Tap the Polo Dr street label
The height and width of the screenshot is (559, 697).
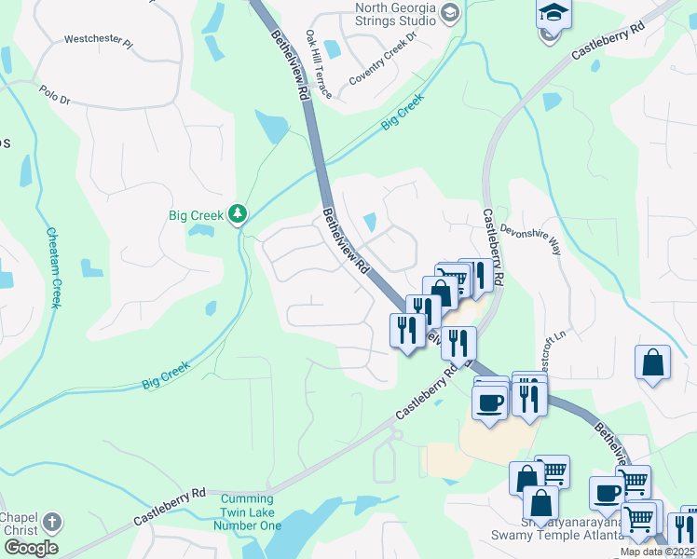55,94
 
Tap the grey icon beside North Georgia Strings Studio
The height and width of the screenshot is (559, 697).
450,12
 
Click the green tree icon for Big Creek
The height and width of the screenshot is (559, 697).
239,215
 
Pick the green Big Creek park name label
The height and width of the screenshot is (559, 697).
196,215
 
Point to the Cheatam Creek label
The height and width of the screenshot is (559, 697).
54,268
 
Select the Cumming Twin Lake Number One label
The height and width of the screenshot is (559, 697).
251,512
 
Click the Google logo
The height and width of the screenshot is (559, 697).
32,548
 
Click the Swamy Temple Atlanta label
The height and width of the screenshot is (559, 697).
557,535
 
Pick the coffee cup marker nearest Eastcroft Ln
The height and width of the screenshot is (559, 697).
489,402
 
